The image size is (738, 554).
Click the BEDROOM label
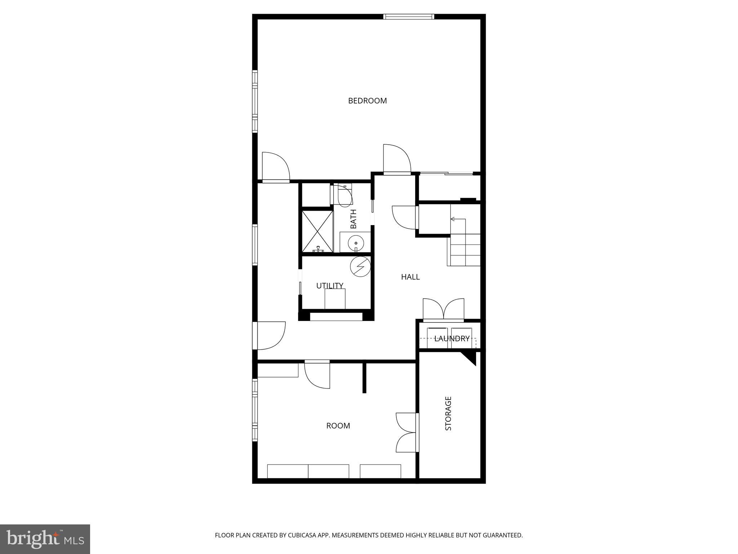coord(367,101)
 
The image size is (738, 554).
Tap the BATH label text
coord(354,219)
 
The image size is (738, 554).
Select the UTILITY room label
coord(330,286)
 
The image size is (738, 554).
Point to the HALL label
coord(410,277)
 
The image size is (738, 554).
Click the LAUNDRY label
coord(452,339)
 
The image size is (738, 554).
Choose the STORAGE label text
coord(448,413)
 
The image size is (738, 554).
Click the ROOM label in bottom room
coord(338,426)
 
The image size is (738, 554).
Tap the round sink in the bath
coord(356,243)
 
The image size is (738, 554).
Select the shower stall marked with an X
coord(317,231)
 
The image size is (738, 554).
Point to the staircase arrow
coord(453,219)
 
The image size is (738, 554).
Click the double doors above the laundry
coord(443,310)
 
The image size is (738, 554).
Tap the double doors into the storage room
coord(407,432)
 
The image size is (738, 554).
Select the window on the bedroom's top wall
coord(408,17)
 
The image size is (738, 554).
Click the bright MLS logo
coord(45,539)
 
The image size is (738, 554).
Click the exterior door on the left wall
coord(268,336)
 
